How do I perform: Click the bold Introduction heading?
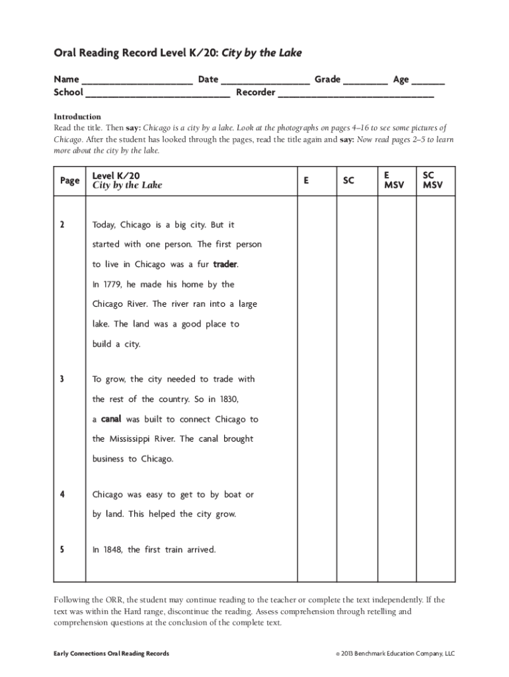tap(77, 116)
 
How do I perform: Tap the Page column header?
tap(69, 180)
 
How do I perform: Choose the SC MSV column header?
tap(433, 180)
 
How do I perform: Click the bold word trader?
tap(225, 264)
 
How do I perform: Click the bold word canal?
tap(110, 419)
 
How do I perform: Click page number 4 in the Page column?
tap(61, 495)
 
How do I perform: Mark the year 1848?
tap(112, 549)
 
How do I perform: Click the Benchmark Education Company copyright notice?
tap(395, 654)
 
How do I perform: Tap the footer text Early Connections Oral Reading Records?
tap(111, 654)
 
